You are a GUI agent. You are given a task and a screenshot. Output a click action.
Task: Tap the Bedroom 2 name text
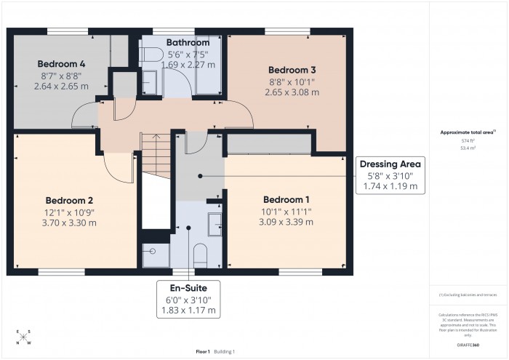coord(71,200)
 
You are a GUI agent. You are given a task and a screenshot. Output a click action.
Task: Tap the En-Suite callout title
coord(188,288)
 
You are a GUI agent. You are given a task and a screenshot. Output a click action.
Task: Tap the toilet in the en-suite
coord(201,255)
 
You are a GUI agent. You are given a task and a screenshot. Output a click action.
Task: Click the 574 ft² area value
coord(467,140)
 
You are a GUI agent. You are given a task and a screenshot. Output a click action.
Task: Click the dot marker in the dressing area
coord(201,176)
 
